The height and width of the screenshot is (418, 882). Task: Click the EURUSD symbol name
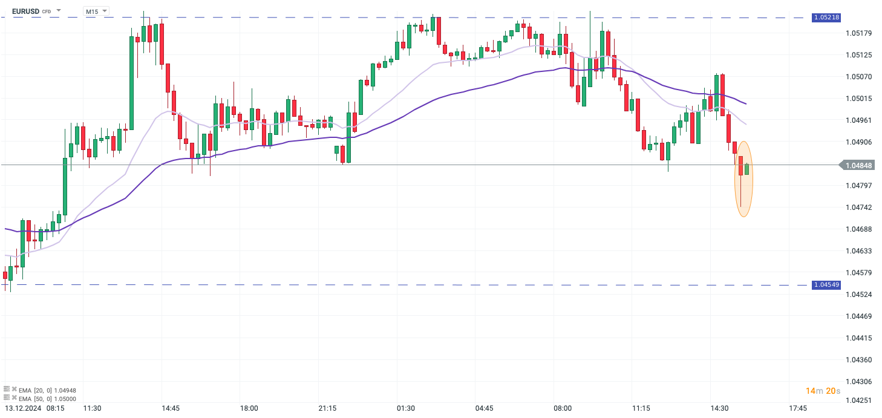26,11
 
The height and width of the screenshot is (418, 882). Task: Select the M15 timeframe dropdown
96,11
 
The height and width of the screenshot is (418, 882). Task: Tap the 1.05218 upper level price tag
826,18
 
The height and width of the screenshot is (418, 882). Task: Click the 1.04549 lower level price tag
826,284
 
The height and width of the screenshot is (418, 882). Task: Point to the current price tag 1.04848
858,165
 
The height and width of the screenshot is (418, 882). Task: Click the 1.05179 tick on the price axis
858,33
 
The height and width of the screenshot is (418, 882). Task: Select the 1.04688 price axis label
858,229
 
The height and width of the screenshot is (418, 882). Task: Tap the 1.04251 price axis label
858,400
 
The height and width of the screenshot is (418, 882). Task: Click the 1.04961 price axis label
858,120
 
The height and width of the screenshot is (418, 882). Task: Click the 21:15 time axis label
327,408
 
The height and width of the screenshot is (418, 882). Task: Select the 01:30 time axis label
406,408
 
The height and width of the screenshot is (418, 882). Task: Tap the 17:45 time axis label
798,408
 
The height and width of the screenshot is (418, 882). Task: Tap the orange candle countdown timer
823,391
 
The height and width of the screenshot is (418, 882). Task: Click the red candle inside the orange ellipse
740,166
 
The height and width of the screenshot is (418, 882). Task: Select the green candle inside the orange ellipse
747,169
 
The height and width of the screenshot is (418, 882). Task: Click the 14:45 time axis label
171,408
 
